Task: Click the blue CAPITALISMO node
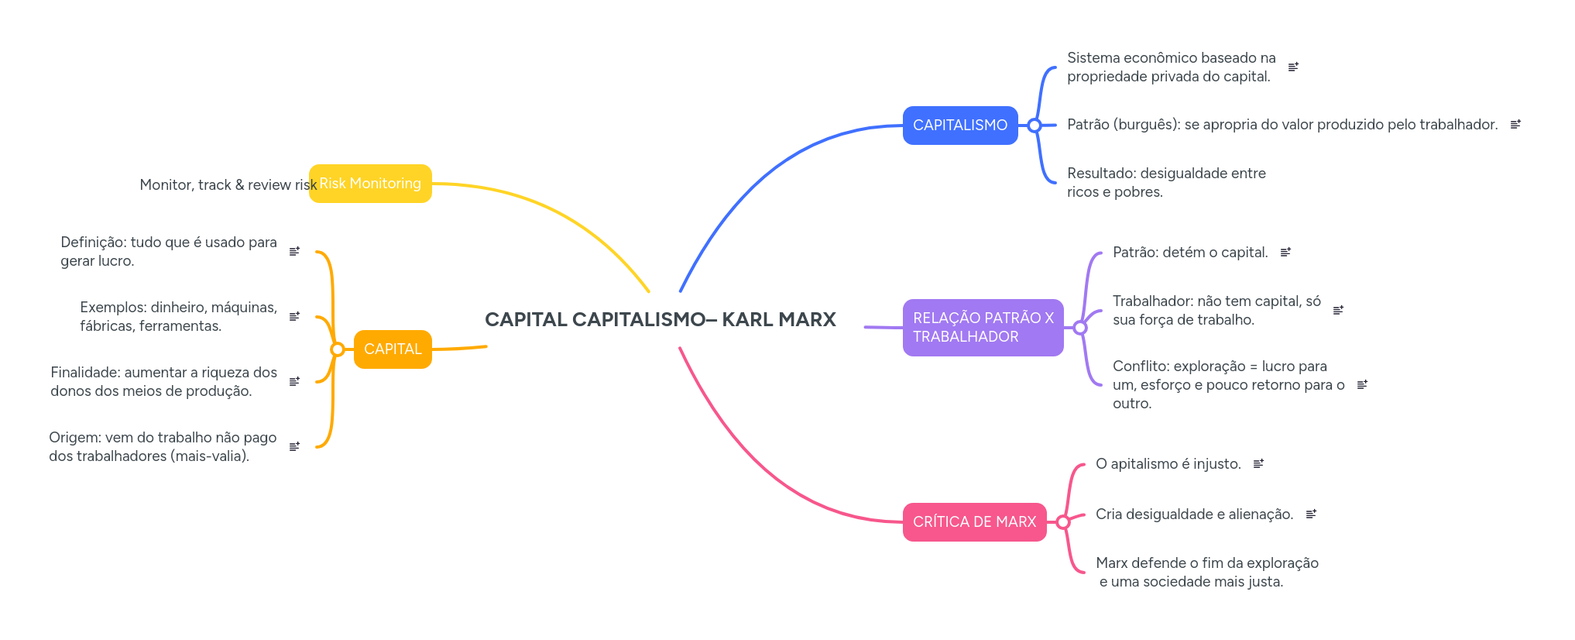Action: pos(959,126)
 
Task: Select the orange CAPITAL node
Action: pos(393,349)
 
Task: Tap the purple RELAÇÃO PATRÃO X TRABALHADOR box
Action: pos(983,328)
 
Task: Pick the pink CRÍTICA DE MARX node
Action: pos(974,522)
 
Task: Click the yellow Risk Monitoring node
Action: pos(370,184)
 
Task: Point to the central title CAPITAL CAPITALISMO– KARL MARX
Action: pos(660,319)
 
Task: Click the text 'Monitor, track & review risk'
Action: pos(228,185)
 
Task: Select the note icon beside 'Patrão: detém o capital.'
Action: pos(1285,253)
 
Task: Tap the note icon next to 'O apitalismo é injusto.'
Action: pos(1258,464)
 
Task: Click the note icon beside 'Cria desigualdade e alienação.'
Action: pos(1311,514)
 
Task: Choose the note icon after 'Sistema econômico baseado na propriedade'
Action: pos(1293,67)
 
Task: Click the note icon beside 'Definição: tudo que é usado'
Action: pos(294,252)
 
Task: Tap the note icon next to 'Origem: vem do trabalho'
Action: pos(294,447)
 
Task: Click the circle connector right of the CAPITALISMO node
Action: pos(1035,126)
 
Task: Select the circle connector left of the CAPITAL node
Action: pos(337,349)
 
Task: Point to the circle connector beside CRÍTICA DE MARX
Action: pos(1063,522)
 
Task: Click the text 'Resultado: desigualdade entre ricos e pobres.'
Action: pos(1166,183)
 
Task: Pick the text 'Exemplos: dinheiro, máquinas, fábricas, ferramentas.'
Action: pos(178,317)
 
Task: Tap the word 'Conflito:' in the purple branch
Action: pos(1140,366)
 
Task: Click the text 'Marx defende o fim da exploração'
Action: pos(1206,563)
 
